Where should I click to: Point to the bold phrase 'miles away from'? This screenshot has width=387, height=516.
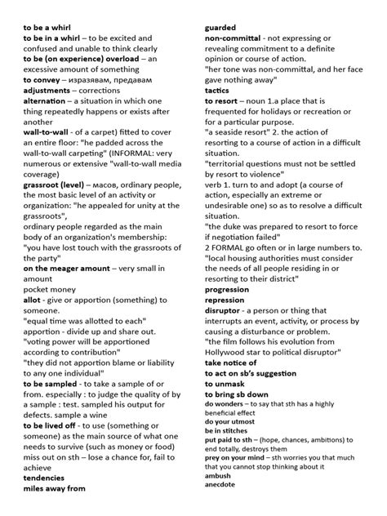55,489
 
